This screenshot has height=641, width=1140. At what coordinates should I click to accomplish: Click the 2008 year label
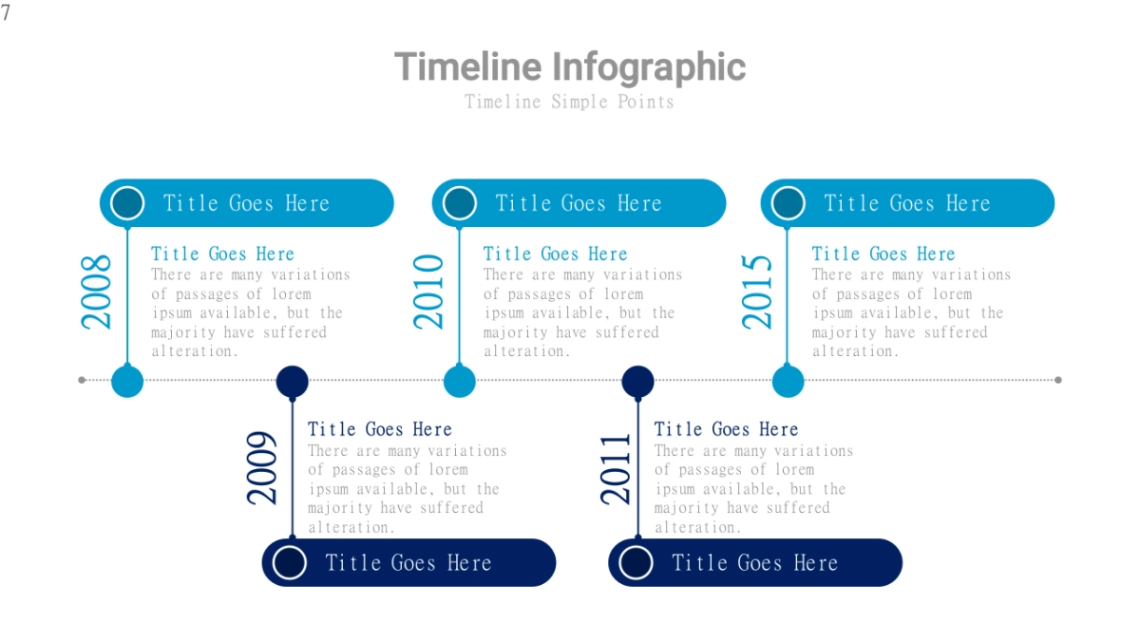click(x=96, y=292)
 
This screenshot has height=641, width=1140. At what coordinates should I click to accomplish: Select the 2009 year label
click(x=261, y=468)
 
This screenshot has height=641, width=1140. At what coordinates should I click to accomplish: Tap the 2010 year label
click(x=428, y=292)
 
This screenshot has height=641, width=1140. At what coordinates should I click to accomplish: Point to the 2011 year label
click(x=616, y=469)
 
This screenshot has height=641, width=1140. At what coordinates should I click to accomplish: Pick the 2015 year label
click(x=757, y=292)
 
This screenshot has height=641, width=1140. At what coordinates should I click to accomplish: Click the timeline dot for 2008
click(x=127, y=381)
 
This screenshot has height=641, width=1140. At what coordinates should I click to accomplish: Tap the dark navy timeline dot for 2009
click(x=293, y=381)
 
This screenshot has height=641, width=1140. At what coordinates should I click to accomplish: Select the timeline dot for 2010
click(x=460, y=381)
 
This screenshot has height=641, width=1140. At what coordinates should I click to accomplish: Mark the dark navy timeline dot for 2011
click(x=637, y=381)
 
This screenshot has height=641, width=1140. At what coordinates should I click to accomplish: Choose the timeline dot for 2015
click(x=788, y=381)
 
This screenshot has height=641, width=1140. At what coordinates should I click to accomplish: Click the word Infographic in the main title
click(x=649, y=67)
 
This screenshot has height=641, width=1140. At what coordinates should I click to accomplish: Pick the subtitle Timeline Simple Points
click(x=569, y=102)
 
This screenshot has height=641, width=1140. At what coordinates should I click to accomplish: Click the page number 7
click(x=6, y=12)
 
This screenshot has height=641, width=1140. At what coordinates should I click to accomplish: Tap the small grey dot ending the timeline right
click(x=1058, y=380)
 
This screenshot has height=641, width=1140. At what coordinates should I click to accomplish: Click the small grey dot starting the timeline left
click(x=82, y=380)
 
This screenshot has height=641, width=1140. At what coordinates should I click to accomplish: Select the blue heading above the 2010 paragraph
click(x=555, y=254)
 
